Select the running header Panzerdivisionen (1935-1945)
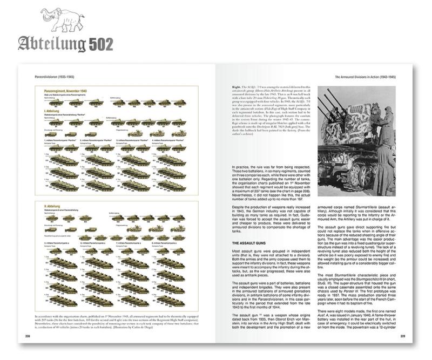click(53, 77)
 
